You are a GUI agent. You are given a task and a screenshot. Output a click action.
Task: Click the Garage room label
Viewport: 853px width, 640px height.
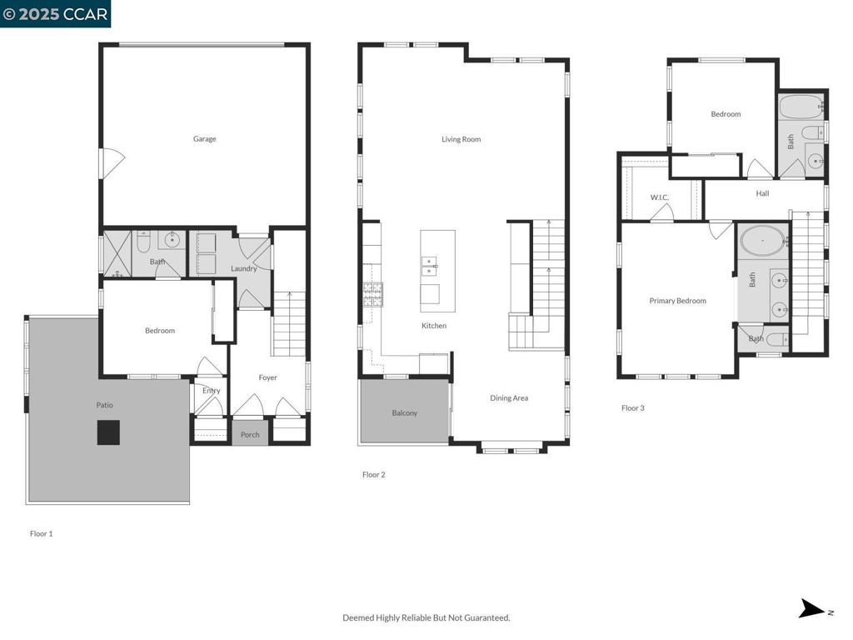click(x=205, y=139)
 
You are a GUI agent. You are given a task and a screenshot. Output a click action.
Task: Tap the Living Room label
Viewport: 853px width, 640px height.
click(x=461, y=139)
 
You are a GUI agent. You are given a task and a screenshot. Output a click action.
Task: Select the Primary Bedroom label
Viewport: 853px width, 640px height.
click(x=677, y=300)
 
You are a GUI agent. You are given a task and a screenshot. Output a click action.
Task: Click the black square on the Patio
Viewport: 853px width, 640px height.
click(x=108, y=432)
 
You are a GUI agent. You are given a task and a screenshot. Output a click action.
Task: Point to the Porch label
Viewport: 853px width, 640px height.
click(x=250, y=434)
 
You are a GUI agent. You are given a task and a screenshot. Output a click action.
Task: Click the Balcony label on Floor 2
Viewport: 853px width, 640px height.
click(x=405, y=413)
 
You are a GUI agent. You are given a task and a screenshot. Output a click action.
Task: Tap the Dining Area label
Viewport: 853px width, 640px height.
click(x=509, y=397)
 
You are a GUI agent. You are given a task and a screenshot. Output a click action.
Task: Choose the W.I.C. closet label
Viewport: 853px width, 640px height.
click(x=660, y=197)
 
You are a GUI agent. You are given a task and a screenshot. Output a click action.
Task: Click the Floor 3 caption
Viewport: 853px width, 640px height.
click(x=633, y=407)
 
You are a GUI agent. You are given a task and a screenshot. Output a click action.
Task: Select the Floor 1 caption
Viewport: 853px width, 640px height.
click(x=42, y=533)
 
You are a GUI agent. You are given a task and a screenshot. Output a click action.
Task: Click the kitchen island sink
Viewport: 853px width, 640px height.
click(x=429, y=265)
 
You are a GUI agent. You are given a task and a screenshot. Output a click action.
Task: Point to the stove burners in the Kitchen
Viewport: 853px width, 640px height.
click(x=373, y=294)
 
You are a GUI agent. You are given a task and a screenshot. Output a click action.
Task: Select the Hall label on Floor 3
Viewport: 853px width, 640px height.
click(x=762, y=193)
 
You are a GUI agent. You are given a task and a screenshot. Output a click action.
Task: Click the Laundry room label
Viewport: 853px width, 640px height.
click(x=243, y=268)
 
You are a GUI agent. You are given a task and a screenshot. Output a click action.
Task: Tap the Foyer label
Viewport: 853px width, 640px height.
click(x=267, y=377)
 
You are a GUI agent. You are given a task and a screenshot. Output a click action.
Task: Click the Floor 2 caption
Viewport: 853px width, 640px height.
click(x=374, y=474)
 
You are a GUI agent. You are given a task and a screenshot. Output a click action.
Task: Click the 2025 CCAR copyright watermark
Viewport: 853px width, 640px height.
click(x=55, y=13)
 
